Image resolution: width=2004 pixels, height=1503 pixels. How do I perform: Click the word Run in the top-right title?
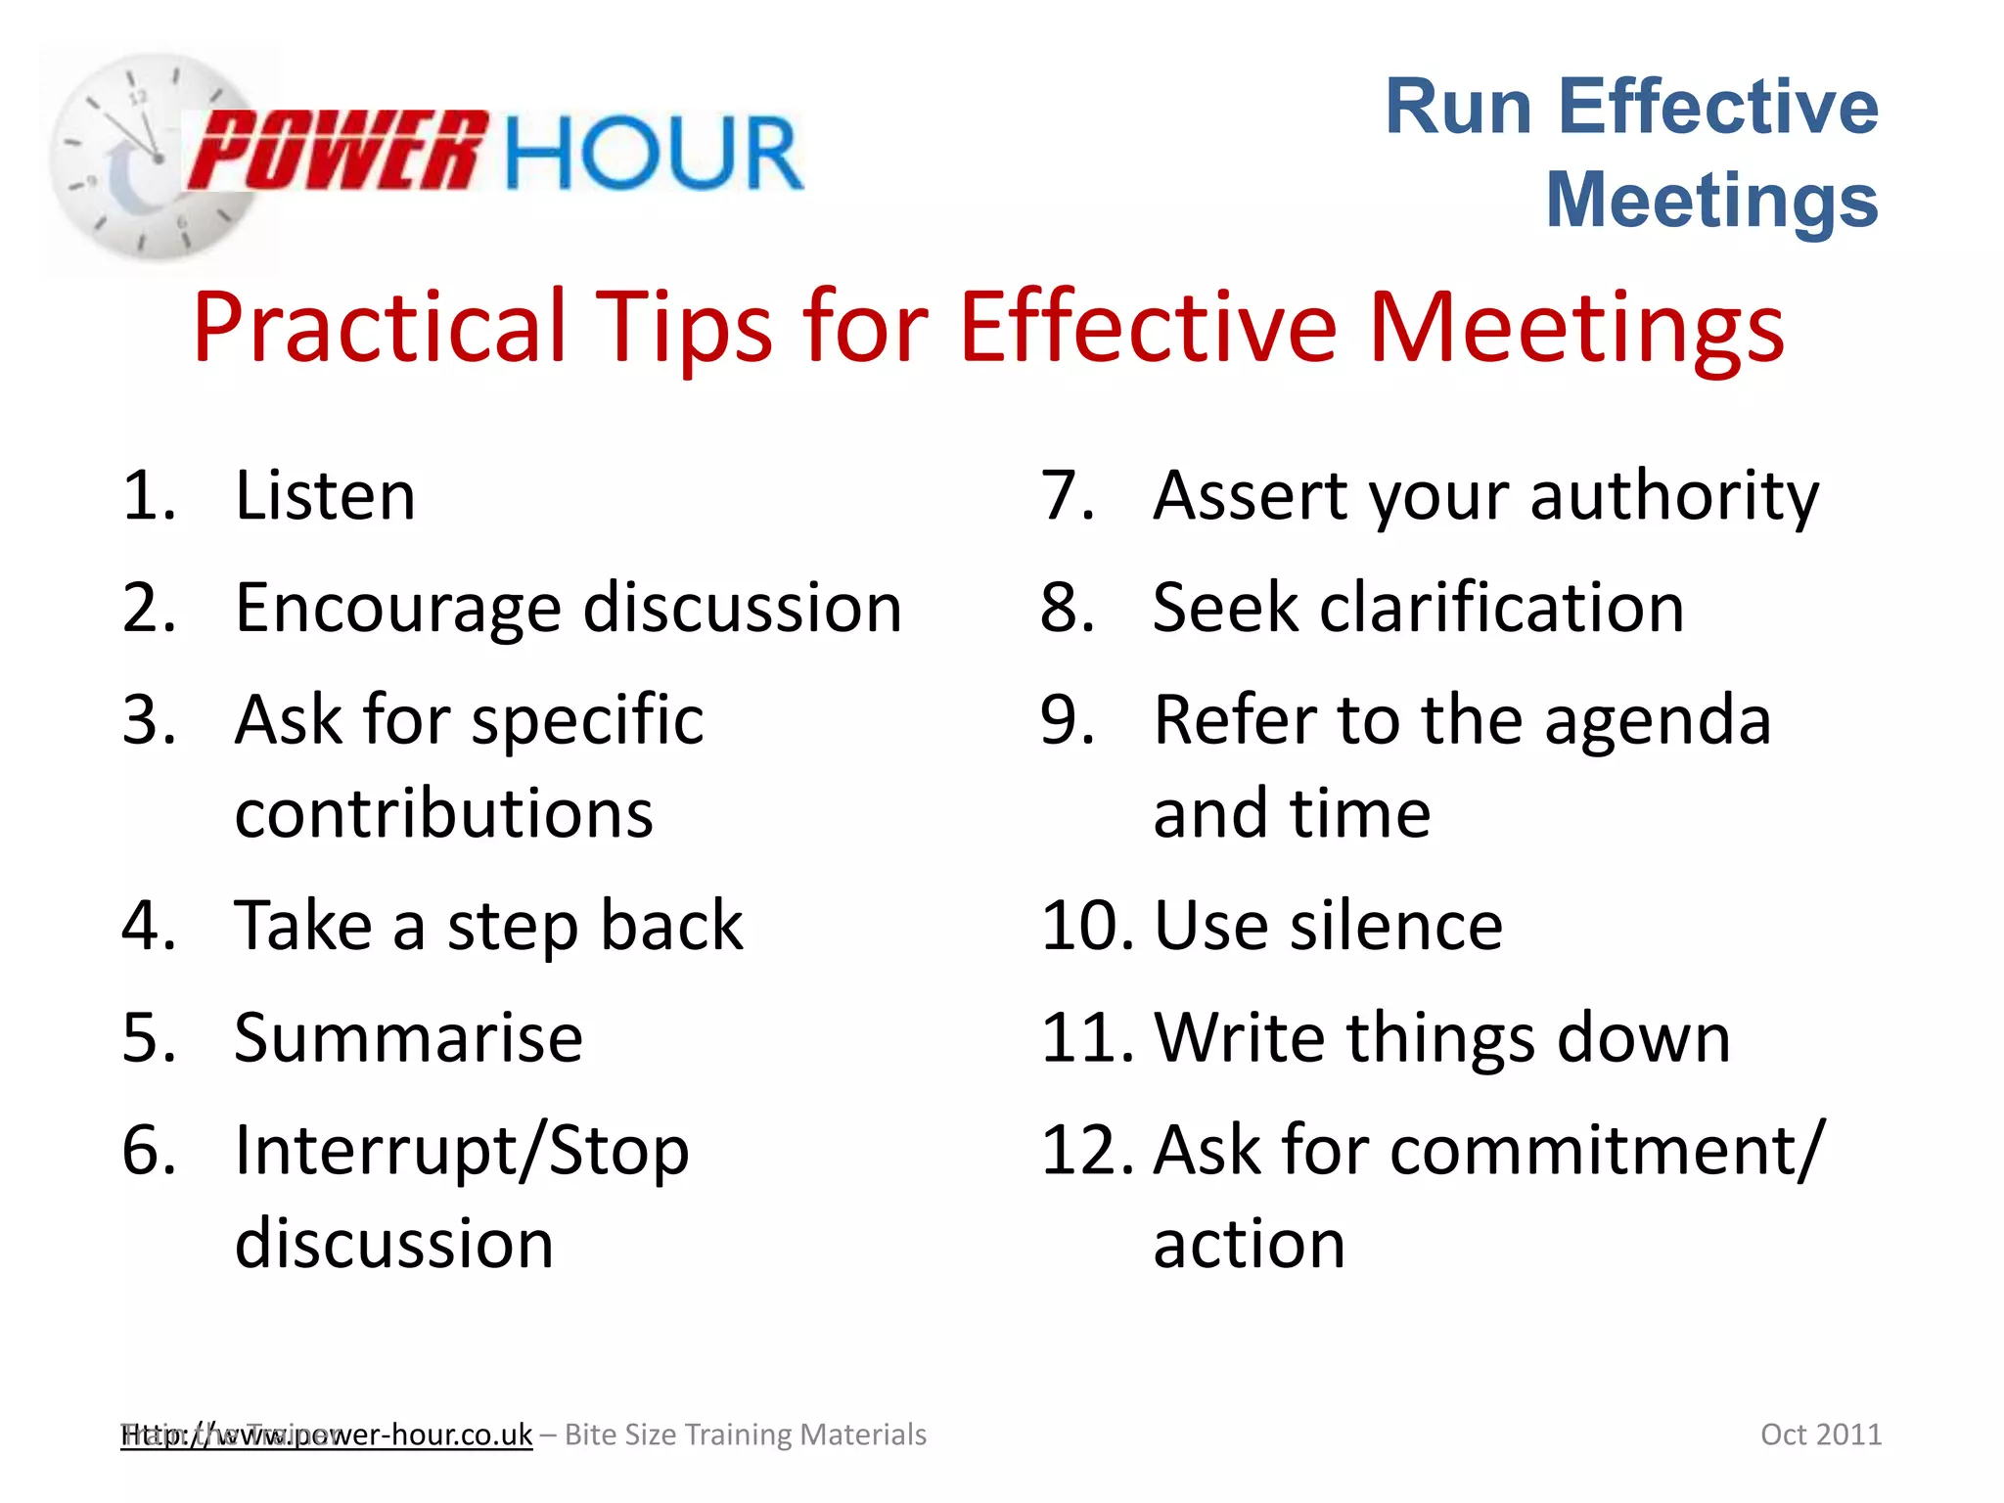click(x=1458, y=108)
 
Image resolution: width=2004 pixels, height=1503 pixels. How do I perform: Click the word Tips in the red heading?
click(x=685, y=328)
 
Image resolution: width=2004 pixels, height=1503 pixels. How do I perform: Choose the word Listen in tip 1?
click(x=325, y=496)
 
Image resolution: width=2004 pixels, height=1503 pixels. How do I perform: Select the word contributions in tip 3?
click(x=443, y=814)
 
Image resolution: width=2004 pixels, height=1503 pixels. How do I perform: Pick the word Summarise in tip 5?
click(x=408, y=1038)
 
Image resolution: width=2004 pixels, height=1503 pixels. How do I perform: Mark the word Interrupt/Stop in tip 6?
click(x=462, y=1152)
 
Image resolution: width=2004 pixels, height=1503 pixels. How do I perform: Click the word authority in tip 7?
click(x=1674, y=497)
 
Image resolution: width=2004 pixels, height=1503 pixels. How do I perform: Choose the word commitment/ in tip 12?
click(x=1608, y=1151)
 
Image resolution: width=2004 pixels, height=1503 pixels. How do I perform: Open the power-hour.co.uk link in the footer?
click(x=327, y=1435)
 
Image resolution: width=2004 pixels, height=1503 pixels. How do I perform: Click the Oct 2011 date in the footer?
click(x=1820, y=1435)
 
